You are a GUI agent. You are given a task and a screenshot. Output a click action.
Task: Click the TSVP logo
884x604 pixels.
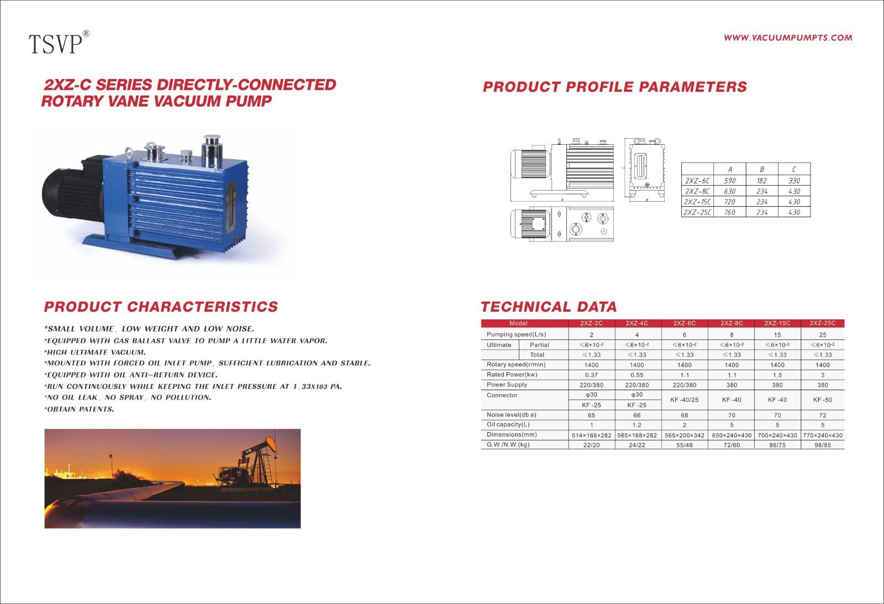click(59, 42)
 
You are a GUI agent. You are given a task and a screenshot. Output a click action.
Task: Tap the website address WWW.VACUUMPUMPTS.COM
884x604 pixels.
click(788, 38)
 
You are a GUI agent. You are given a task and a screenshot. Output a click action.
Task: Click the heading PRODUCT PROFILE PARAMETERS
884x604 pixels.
click(615, 87)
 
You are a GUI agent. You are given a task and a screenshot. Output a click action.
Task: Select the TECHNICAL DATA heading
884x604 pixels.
click(549, 307)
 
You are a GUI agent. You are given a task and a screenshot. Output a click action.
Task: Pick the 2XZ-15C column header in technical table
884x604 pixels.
click(777, 323)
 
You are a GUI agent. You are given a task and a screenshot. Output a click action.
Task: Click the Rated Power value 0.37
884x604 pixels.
click(591, 375)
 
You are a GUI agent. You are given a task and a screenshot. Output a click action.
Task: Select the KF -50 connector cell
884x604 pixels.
click(823, 400)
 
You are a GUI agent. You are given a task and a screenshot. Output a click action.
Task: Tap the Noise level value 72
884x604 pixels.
click(823, 416)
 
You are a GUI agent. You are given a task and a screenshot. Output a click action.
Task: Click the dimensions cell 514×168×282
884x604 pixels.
click(591, 435)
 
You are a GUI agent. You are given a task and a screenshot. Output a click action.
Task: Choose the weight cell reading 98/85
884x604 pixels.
click(823, 445)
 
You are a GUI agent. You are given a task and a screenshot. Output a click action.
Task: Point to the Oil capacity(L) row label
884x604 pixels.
click(508, 425)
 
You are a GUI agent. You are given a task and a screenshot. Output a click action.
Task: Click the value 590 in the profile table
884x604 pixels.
click(730, 181)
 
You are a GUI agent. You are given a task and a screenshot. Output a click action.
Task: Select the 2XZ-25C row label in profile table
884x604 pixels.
click(697, 212)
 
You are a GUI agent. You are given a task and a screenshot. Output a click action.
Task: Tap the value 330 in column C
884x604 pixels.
click(794, 181)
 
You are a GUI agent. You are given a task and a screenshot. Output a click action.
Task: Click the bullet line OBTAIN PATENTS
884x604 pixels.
click(79, 409)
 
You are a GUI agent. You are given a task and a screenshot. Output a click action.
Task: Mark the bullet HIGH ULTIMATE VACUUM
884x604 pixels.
click(94, 352)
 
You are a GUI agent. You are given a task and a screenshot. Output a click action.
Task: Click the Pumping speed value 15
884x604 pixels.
click(777, 335)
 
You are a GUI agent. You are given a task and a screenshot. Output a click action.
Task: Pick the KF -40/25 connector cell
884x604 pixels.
click(685, 400)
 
